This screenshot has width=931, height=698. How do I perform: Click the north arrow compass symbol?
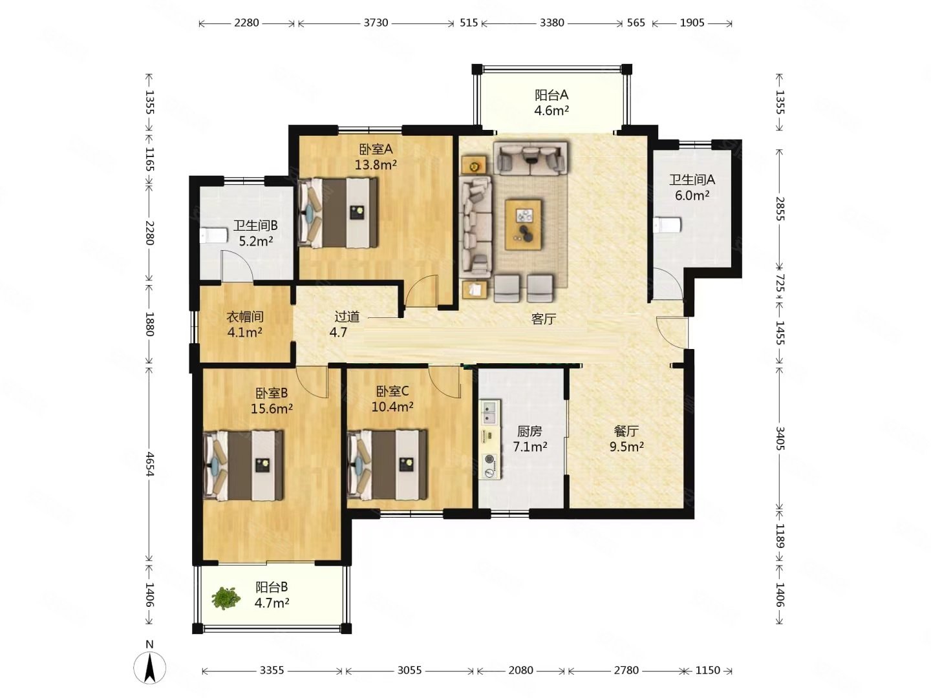coord(149,667)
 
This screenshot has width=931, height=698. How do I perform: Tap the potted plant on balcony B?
coord(226,598)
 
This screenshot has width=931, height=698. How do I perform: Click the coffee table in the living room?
coord(524,225)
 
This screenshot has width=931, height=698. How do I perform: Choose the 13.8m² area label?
coord(376,164)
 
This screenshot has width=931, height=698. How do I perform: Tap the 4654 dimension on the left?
coord(149,463)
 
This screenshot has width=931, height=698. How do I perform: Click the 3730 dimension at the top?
coord(376,23)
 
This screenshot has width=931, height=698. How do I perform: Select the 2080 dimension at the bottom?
coord(520,670)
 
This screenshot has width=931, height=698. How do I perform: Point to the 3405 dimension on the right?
coord(780,438)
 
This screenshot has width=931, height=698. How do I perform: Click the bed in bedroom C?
coord(387,465)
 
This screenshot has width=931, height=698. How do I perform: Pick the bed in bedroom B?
coord(244,465)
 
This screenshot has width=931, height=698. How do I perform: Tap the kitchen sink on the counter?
coord(490,412)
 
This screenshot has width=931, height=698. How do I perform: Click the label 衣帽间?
coord(245,317)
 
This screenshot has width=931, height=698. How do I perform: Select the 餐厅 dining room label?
coord(626,431)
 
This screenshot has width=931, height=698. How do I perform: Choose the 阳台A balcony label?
coord(551,94)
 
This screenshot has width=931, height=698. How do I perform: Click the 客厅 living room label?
coord(543,319)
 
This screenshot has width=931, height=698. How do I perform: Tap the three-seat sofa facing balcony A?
coord(530,158)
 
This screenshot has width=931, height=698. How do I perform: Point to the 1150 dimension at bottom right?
coord(708,670)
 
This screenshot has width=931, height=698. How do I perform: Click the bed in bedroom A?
coord(338,212)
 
